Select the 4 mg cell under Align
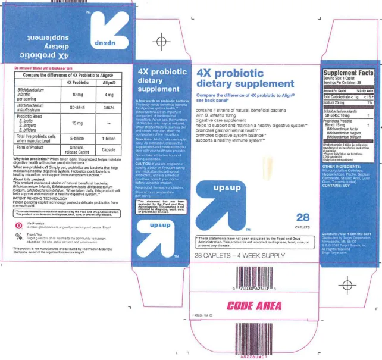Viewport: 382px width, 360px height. coord(108,95)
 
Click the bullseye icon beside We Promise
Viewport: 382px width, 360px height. coord(19,226)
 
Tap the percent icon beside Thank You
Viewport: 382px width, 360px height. coord(19,237)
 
